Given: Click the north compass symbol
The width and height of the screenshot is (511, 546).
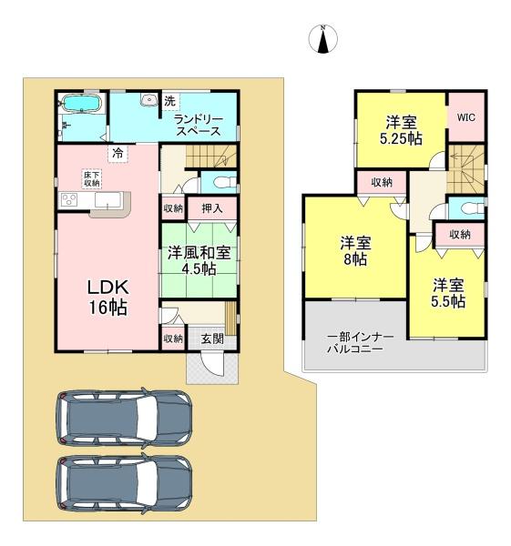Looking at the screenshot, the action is point(323,39).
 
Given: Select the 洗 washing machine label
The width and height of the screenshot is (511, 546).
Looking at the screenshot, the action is point(169,101).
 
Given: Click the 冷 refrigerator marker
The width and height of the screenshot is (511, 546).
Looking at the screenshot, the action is point(118,153).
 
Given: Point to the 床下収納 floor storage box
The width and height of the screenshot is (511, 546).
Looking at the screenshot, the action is point(92,178).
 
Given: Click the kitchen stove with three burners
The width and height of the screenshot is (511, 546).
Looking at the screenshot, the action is point(69,200).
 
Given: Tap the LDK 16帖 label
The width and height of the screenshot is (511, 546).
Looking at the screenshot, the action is point(108,297).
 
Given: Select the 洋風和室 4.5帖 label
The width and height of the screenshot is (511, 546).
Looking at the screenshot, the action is point(199,260).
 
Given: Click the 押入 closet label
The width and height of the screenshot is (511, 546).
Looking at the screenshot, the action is point(212,208).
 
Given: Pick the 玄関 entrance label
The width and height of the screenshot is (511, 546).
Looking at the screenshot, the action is point(212,339).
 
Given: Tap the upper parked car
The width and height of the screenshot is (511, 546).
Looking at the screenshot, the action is point(125,418).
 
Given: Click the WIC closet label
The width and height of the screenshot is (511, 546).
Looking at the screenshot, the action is point(466,117).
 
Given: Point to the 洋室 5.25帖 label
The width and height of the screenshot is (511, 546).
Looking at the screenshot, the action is point(401,130).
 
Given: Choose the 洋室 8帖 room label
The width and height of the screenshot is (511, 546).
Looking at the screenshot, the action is point(355,251).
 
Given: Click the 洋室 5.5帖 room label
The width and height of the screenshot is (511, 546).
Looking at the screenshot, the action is point(448,293).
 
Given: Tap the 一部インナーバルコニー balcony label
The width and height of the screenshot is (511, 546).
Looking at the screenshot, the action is point(361,343).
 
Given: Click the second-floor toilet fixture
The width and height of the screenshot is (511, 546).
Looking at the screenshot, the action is point(473,209).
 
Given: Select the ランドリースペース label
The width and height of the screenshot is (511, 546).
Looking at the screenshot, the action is point(199,125).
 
